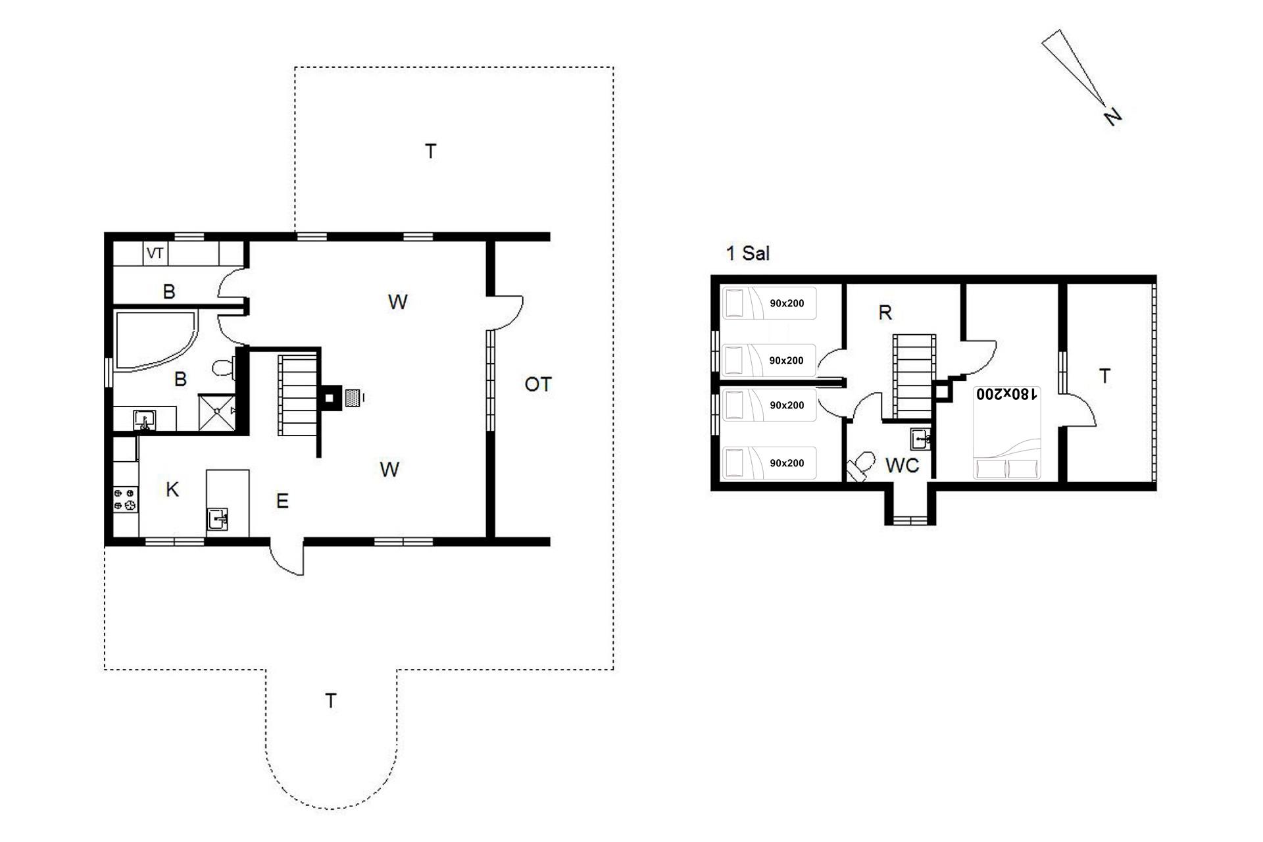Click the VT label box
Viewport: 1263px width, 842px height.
(155, 253)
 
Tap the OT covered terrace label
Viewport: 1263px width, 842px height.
(538, 384)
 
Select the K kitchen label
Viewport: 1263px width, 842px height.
(172, 489)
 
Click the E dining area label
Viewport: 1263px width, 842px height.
(282, 501)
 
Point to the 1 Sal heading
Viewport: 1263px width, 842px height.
(747, 253)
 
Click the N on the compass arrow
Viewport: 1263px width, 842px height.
(1112, 117)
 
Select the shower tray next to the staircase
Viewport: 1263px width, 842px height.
(218, 412)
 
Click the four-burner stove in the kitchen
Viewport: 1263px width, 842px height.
(126, 498)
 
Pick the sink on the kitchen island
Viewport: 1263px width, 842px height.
(218, 519)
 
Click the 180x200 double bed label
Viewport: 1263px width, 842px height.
(1006, 393)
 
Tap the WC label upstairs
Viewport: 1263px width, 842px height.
(902, 466)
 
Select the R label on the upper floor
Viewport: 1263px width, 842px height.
(885, 312)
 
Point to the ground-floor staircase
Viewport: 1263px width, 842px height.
(298, 395)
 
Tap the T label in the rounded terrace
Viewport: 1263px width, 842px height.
(331, 701)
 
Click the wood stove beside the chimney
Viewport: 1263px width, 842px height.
(353, 397)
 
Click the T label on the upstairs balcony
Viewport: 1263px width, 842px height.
(1105, 376)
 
